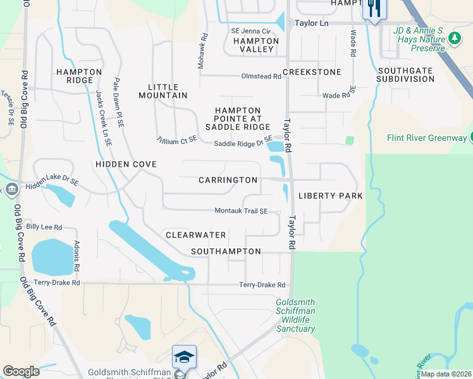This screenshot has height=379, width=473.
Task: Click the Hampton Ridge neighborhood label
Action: [x=79, y=76]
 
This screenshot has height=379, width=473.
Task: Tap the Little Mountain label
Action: [x=168, y=91]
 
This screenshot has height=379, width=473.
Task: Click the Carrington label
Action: [x=228, y=180]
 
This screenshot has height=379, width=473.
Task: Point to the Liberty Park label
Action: [x=330, y=196]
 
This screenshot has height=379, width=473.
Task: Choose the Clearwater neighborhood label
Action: [x=195, y=235]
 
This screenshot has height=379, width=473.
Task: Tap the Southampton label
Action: [x=226, y=251]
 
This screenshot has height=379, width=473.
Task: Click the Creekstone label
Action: [x=312, y=72]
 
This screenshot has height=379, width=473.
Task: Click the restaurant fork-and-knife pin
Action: [x=374, y=9]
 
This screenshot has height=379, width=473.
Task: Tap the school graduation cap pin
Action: [x=184, y=358]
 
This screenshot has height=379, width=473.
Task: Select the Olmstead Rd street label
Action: [x=261, y=76]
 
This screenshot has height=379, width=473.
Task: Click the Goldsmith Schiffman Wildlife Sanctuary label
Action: [x=295, y=315]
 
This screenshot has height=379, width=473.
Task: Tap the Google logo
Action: [x=21, y=371]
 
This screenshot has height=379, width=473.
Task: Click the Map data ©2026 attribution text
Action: [x=446, y=374]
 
